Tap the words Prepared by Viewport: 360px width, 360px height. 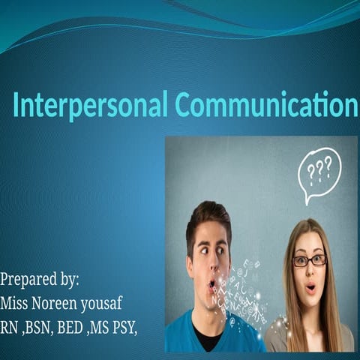pos(40,280)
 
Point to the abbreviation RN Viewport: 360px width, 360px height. pos(10,327)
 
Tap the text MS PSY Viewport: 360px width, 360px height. pos(119,327)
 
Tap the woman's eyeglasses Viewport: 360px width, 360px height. pos(310,260)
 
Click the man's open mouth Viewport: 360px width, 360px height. pos(212,283)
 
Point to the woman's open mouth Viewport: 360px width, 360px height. pos(310,286)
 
